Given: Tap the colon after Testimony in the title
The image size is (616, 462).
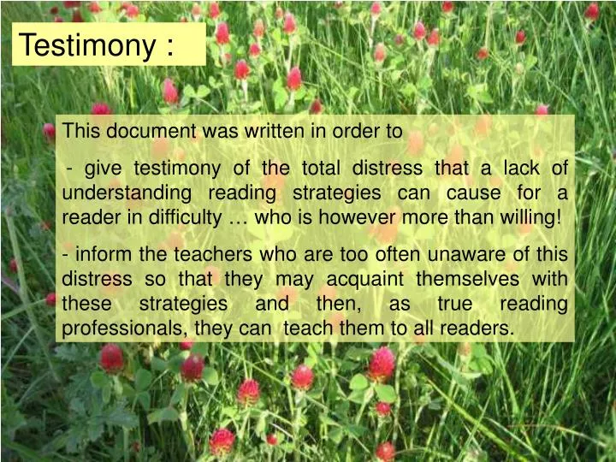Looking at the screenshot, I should tap(168, 46).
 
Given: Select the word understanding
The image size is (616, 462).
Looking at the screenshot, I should tap(126, 192).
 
